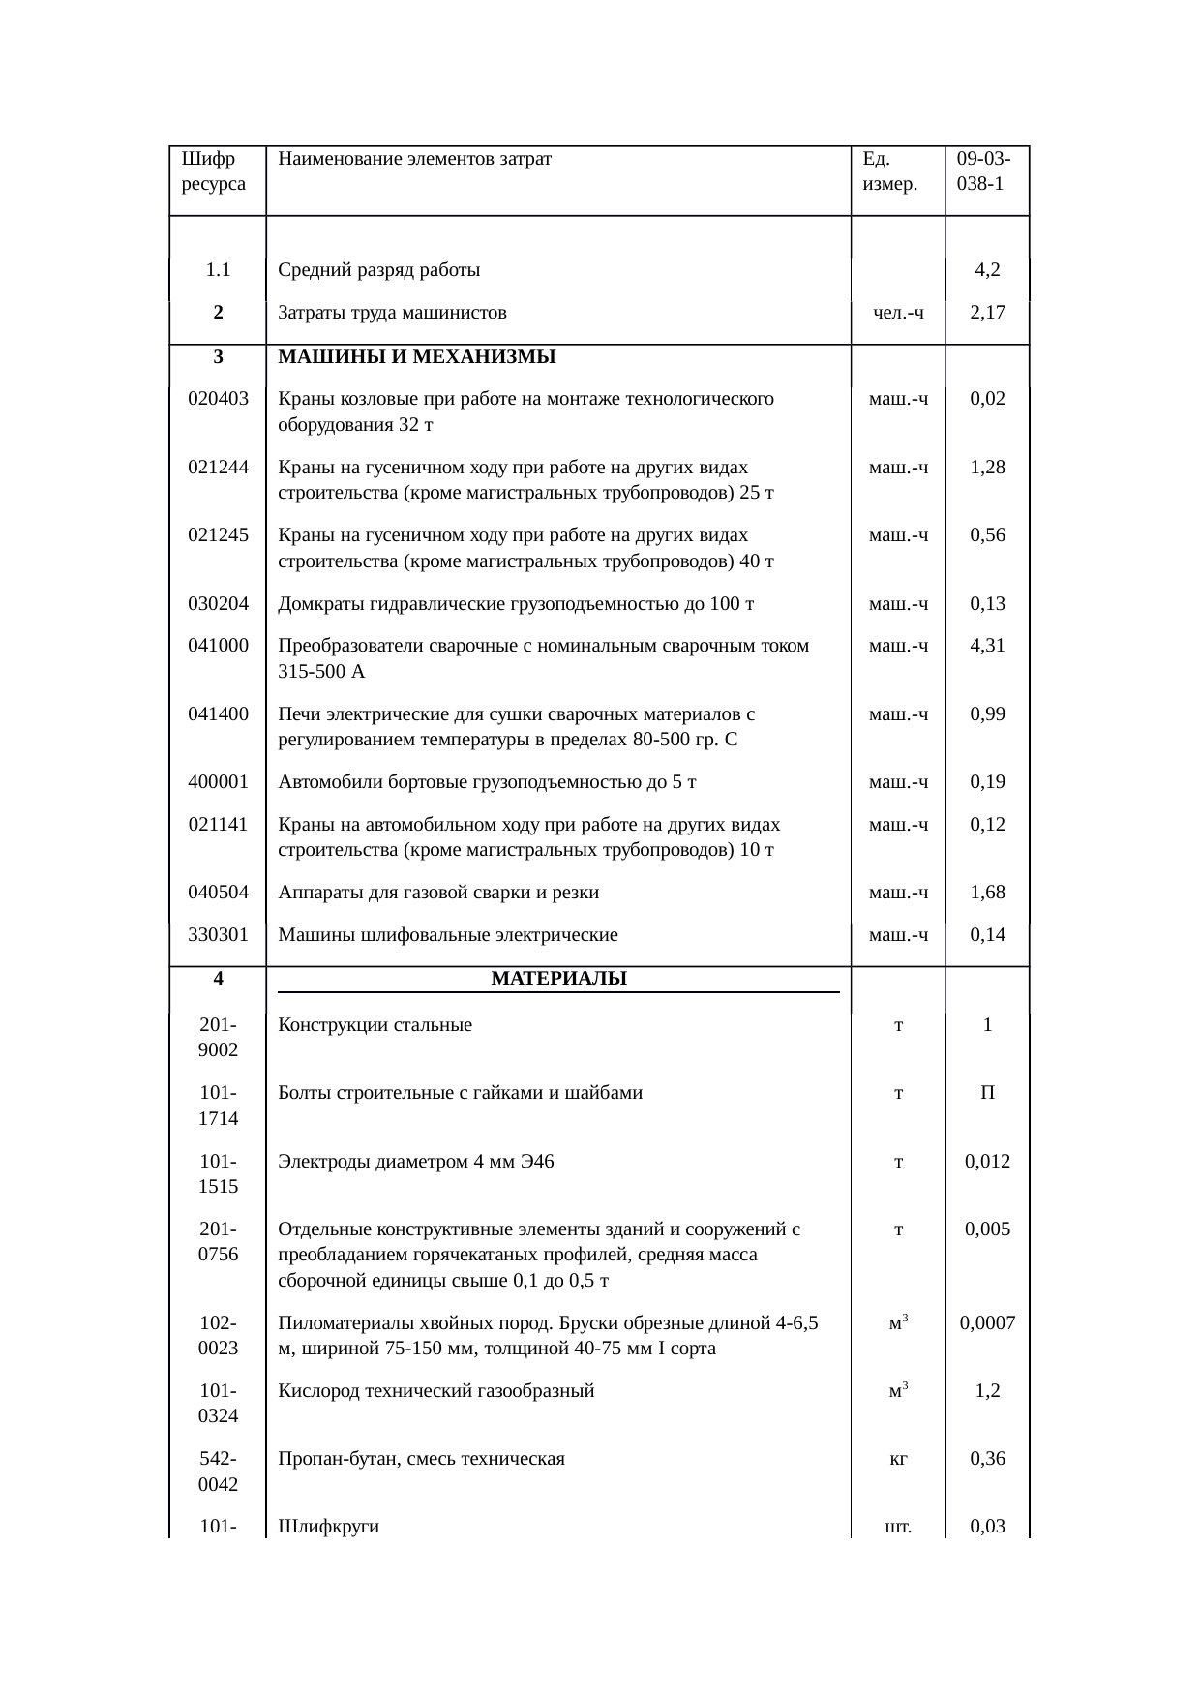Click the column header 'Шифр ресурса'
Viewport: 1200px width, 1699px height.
click(x=213, y=170)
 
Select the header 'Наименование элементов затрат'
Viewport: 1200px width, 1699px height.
click(x=414, y=159)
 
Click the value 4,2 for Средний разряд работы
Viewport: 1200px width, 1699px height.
click(x=987, y=270)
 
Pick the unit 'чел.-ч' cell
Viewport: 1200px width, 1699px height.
click(x=898, y=313)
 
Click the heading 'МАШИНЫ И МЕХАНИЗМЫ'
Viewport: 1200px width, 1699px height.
click(x=416, y=356)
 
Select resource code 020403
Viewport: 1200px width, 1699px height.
click(x=218, y=398)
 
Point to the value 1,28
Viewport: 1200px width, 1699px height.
click(x=987, y=468)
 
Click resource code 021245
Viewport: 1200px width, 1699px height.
click(x=218, y=534)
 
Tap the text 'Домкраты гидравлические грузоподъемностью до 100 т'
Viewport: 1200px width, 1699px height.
click(x=516, y=604)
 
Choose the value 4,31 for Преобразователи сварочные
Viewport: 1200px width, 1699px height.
click(x=987, y=645)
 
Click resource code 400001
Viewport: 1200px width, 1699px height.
click(x=218, y=781)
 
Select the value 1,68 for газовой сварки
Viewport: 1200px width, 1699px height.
click(x=987, y=892)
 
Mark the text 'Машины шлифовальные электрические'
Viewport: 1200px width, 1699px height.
click(x=447, y=934)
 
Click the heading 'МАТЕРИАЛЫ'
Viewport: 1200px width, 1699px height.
click(x=558, y=978)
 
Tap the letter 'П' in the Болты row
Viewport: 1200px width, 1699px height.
click(x=987, y=1093)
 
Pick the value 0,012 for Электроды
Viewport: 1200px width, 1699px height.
click(x=987, y=1161)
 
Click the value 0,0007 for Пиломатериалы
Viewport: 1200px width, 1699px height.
click(x=987, y=1322)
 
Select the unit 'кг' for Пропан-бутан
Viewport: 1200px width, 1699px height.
click(x=898, y=1458)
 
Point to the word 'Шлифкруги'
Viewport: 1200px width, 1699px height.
click(x=328, y=1527)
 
